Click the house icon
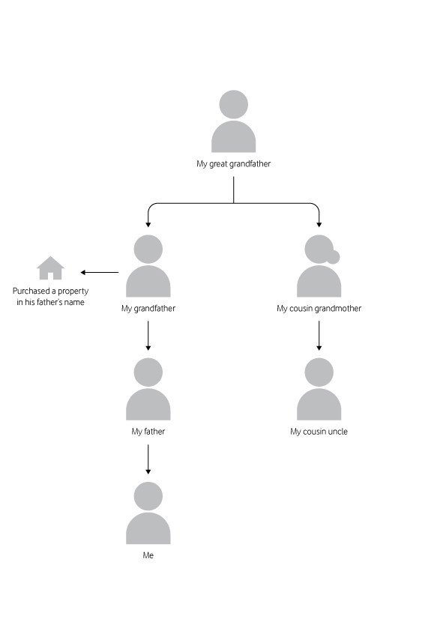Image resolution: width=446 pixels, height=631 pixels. pyautogui.click(x=50, y=268)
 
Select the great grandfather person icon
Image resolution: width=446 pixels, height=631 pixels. pyautogui.click(x=233, y=121)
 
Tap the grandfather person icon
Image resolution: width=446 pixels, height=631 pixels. pyautogui.click(x=148, y=266)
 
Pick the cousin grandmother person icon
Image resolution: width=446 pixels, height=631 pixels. pyautogui.click(x=319, y=266)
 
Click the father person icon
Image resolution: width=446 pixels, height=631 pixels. pyautogui.click(x=148, y=389)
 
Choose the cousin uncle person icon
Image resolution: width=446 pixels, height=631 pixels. pyautogui.click(x=319, y=389)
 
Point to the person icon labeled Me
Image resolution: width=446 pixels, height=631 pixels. pyautogui.click(x=148, y=513)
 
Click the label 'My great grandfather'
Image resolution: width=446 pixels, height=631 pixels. pyautogui.click(x=233, y=164)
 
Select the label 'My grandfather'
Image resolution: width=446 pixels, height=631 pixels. pyautogui.click(x=148, y=309)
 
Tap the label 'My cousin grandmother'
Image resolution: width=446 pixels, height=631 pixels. pyautogui.click(x=319, y=309)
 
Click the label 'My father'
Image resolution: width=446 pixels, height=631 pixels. pyautogui.click(x=148, y=432)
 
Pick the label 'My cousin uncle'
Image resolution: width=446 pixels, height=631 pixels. pyautogui.click(x=319, y=432)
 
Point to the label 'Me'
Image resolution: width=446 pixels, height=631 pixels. pyautogui.click(x=148, y=555)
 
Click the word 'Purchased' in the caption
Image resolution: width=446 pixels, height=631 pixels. pyautogui.click(x=31, y=291)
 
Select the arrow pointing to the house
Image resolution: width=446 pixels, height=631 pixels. pyautogui.click(x=100, y=273)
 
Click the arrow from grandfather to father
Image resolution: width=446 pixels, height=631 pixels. pyautogui.click(x=148, y=336)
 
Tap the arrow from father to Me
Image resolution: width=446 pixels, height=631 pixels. pyautogui.click(x=148, y=459)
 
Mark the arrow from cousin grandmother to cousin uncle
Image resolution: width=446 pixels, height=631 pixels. pyautogui.click(x=319, y=336)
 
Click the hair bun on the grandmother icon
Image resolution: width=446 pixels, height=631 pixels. pyautogui.click(x=333, y=257)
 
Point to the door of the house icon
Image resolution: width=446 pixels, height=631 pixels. pyautogui.click(x=50, y=276)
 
